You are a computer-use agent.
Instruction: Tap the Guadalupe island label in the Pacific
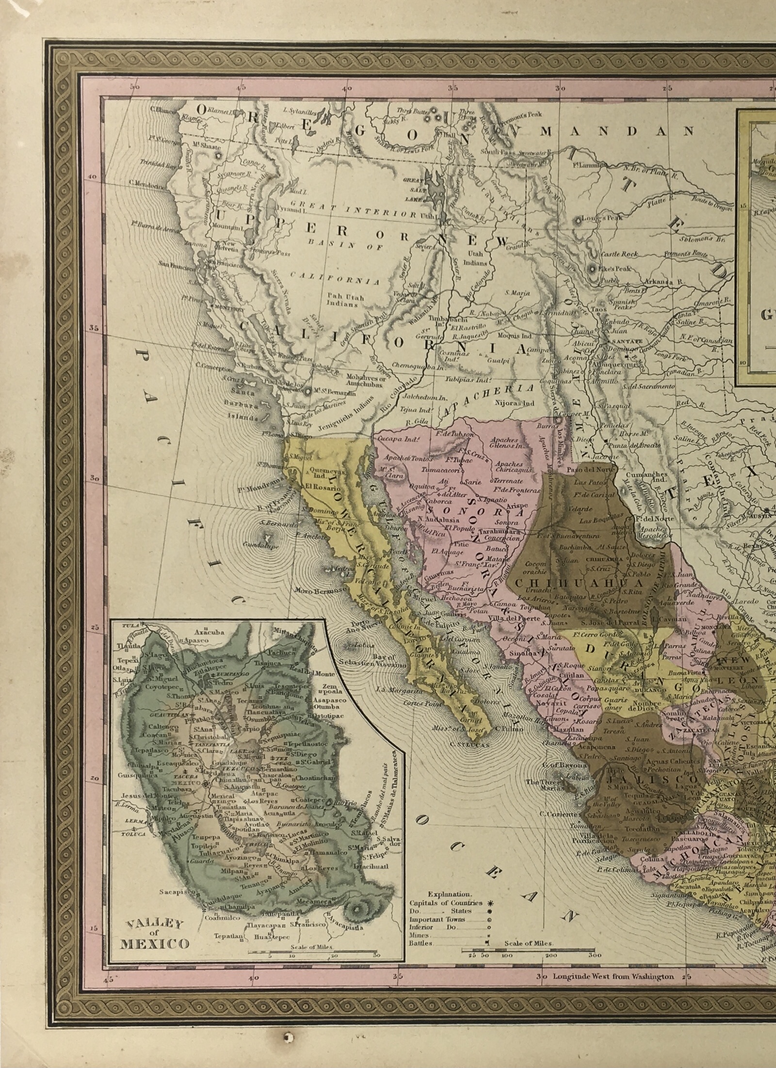click(x=264, y=546)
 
